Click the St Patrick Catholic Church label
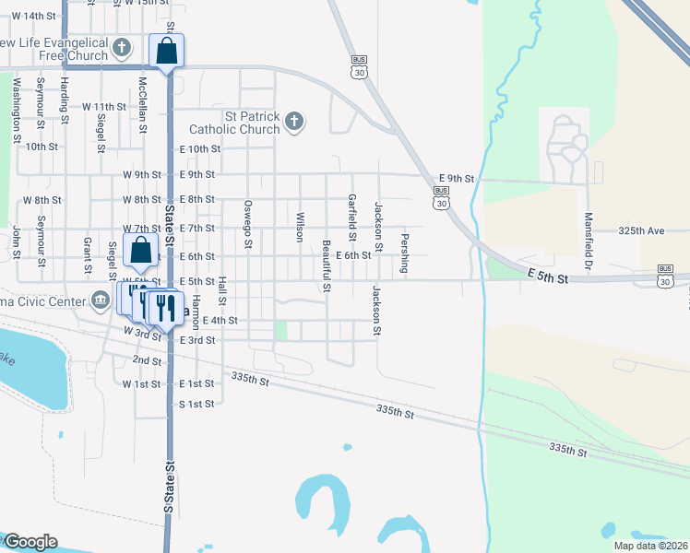point(234,123)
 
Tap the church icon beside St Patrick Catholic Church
point(293,122)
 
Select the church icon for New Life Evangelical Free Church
point(122,47)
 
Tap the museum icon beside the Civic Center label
point(101,300)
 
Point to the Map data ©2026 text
point(650,546)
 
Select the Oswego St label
point(247,224)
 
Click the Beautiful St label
point(327,265)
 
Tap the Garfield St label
point(351,212)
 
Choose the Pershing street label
point(404,253)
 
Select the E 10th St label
point(200,148)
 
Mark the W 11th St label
point(103,107)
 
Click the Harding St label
point(65,100)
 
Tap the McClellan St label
point(143,103)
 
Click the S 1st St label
point(196,404)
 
